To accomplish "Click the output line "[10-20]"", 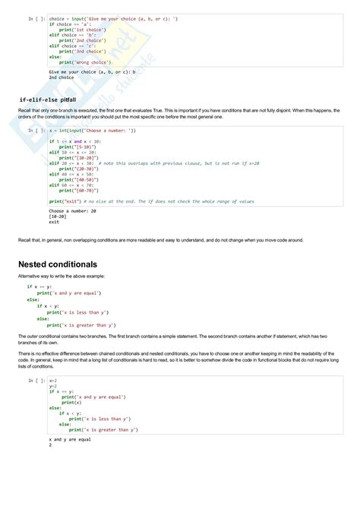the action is pos(59,216).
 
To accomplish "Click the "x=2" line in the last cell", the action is pos(53,381).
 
